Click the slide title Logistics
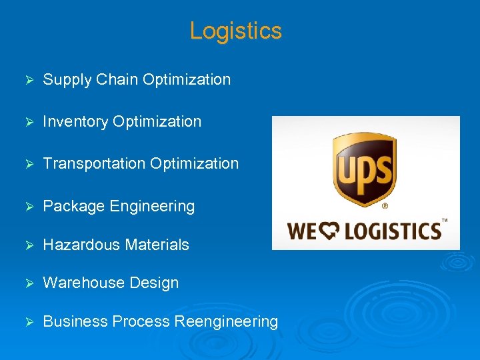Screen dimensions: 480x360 [235, 31]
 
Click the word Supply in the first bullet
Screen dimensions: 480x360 [67, 80]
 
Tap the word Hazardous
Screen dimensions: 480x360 [77, 245]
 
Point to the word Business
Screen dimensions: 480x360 [75, 321]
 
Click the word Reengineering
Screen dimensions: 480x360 [226, 322]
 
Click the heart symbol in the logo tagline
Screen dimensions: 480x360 [329, 231]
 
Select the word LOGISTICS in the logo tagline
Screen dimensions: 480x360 [392, 231]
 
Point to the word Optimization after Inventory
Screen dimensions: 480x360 [157, 122]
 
